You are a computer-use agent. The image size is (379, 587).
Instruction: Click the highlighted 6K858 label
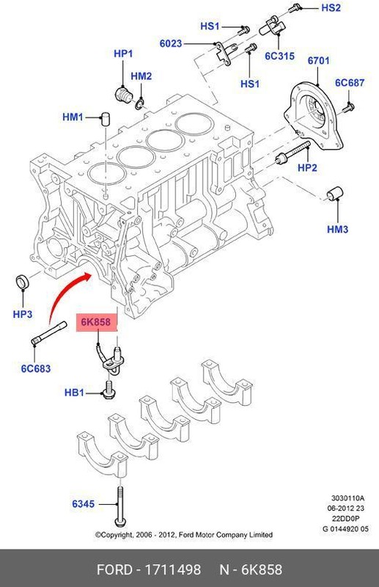[x=97, y=321]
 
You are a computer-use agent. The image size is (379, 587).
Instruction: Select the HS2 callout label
[x=331, y=8]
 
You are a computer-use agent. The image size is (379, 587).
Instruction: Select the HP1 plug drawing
[x=124, y=94]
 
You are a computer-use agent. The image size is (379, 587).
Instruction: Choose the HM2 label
[x=141, y=76]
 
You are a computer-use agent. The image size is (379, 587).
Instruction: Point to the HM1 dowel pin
[x=106, y=118]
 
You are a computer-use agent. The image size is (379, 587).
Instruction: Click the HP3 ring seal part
[x=23, y=282]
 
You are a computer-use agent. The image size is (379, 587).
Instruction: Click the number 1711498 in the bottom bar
[x=174, y=570]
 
